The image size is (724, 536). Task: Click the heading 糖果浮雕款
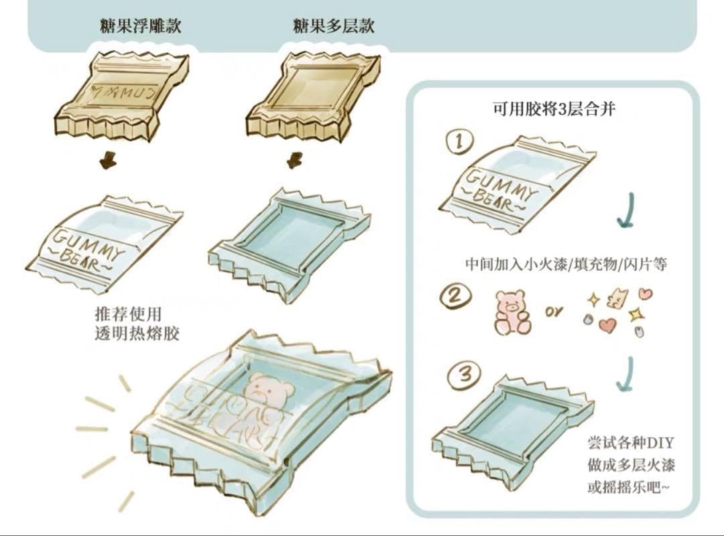point(140,26)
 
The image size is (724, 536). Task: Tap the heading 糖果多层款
point(333,26)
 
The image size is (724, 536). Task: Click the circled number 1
point(459,142)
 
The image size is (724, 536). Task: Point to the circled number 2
point(455,295)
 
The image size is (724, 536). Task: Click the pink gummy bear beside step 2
point(513,312)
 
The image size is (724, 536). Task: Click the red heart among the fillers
point(607,325)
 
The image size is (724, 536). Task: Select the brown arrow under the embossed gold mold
point(106,161)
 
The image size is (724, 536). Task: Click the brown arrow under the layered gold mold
point(295,161)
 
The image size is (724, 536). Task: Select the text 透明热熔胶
point(137,333)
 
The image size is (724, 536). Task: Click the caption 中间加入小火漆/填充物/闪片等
point(566,264)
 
